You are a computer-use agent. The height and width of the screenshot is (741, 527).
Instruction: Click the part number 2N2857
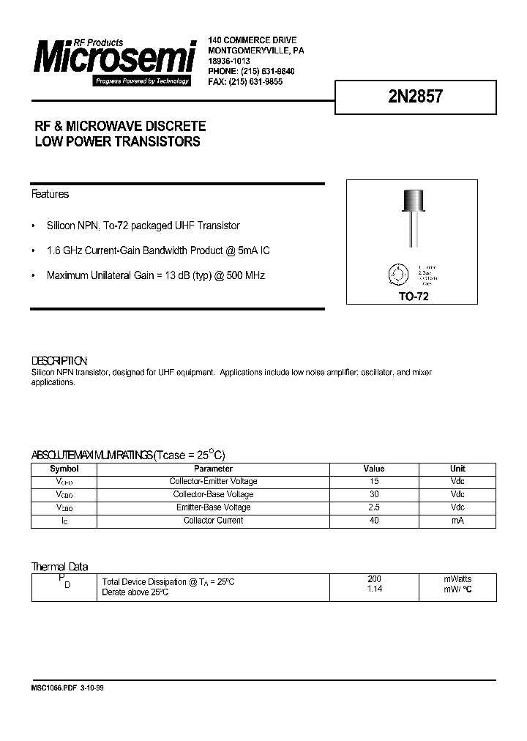click(414, 97)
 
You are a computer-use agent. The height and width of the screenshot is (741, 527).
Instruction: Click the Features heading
click(50, 194)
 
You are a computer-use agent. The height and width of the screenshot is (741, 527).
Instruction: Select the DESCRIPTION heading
click(59, 361)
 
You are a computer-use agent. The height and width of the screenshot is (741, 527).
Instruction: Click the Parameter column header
click(213, 469)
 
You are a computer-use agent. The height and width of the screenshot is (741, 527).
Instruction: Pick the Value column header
click(373, 469)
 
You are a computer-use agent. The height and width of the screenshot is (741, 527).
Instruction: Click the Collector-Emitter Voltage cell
click(213, 482)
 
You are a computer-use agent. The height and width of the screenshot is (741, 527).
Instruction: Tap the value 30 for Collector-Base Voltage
click(373, 494)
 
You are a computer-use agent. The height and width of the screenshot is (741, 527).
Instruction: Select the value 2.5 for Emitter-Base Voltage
click(373, 507)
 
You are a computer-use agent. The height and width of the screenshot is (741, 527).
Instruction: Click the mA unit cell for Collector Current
click(457, 521)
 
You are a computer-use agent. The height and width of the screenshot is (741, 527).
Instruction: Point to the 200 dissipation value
click(373, 578)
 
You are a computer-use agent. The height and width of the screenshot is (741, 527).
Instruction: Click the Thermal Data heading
click(59, 566)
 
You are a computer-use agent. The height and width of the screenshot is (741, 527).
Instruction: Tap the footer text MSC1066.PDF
click(53, 689)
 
